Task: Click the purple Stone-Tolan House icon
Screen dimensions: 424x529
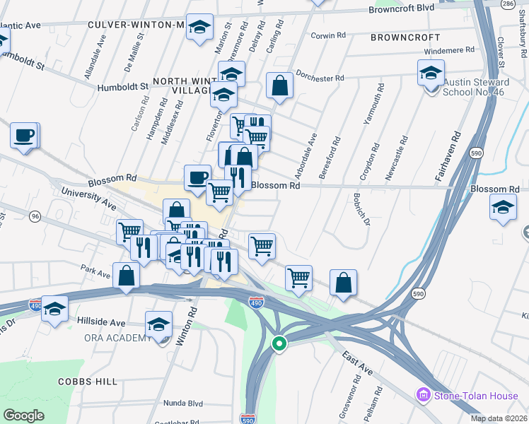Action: [424, 394]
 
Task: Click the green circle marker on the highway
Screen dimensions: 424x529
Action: [279, 344]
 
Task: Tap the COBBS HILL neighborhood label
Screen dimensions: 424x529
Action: [87, 382]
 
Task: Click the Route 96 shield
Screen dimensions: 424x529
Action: [35, 217]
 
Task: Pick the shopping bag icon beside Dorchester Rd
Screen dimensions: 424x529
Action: [280, 86]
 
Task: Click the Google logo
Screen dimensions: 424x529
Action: [23, 415]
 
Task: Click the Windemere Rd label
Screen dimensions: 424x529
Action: [449, 51]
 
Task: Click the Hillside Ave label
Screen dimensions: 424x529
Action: [101, 322]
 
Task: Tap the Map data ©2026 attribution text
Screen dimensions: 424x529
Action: [499, 418]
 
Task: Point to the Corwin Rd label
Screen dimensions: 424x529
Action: [327, 35]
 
